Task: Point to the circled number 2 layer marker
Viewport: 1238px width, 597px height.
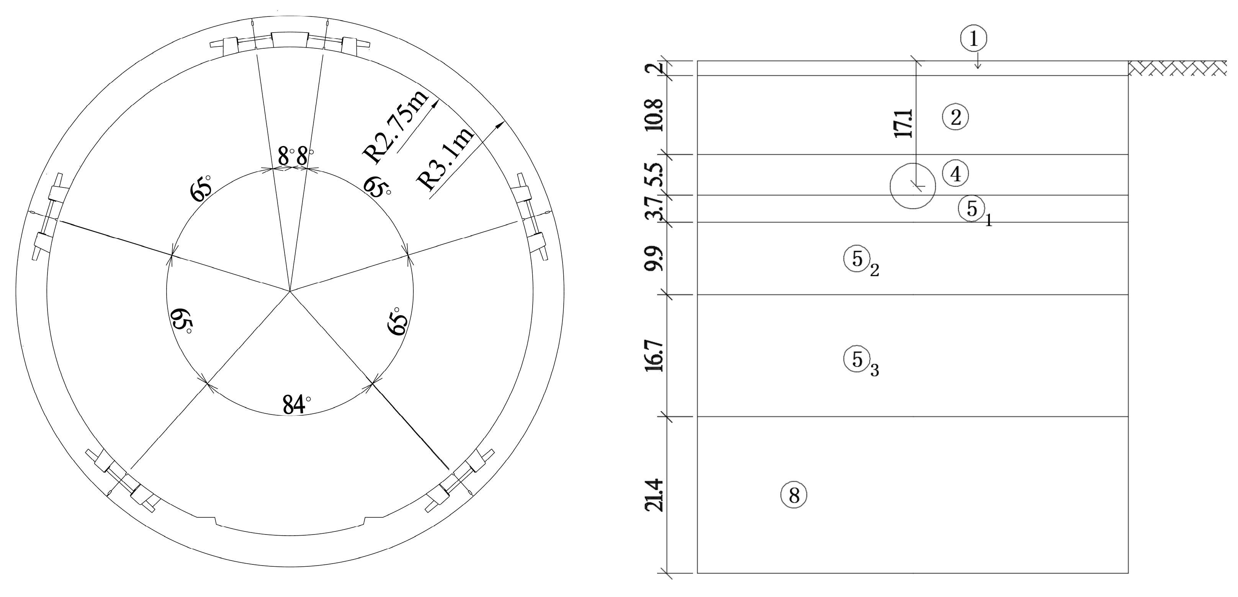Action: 955,117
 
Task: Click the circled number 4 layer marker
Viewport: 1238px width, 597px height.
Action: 955,174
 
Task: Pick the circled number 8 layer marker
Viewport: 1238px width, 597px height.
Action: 793,495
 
